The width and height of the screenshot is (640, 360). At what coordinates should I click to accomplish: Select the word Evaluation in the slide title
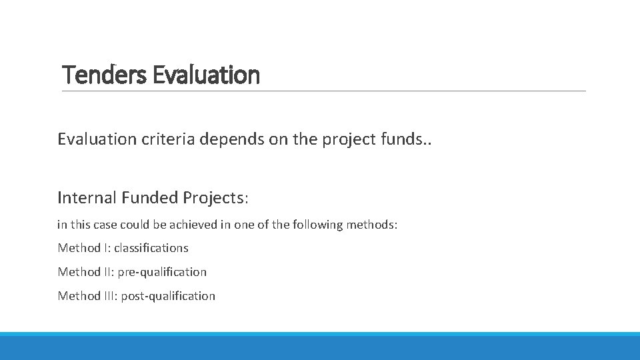pos(206,75)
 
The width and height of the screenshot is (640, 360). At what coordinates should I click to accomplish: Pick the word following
pos(317,225)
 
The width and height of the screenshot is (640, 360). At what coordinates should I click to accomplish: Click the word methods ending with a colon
pos(371,225)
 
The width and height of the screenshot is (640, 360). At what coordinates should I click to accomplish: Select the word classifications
pos(151,248)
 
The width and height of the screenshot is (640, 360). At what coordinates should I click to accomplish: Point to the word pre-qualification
pos(162,272)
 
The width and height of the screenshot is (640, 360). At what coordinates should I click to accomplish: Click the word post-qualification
pos(168,296)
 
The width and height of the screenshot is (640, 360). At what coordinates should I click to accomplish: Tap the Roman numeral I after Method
pos(106,248)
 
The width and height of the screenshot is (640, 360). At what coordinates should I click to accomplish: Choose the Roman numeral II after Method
pos(108,272)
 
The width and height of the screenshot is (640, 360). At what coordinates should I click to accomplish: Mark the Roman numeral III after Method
pos(110,296)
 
